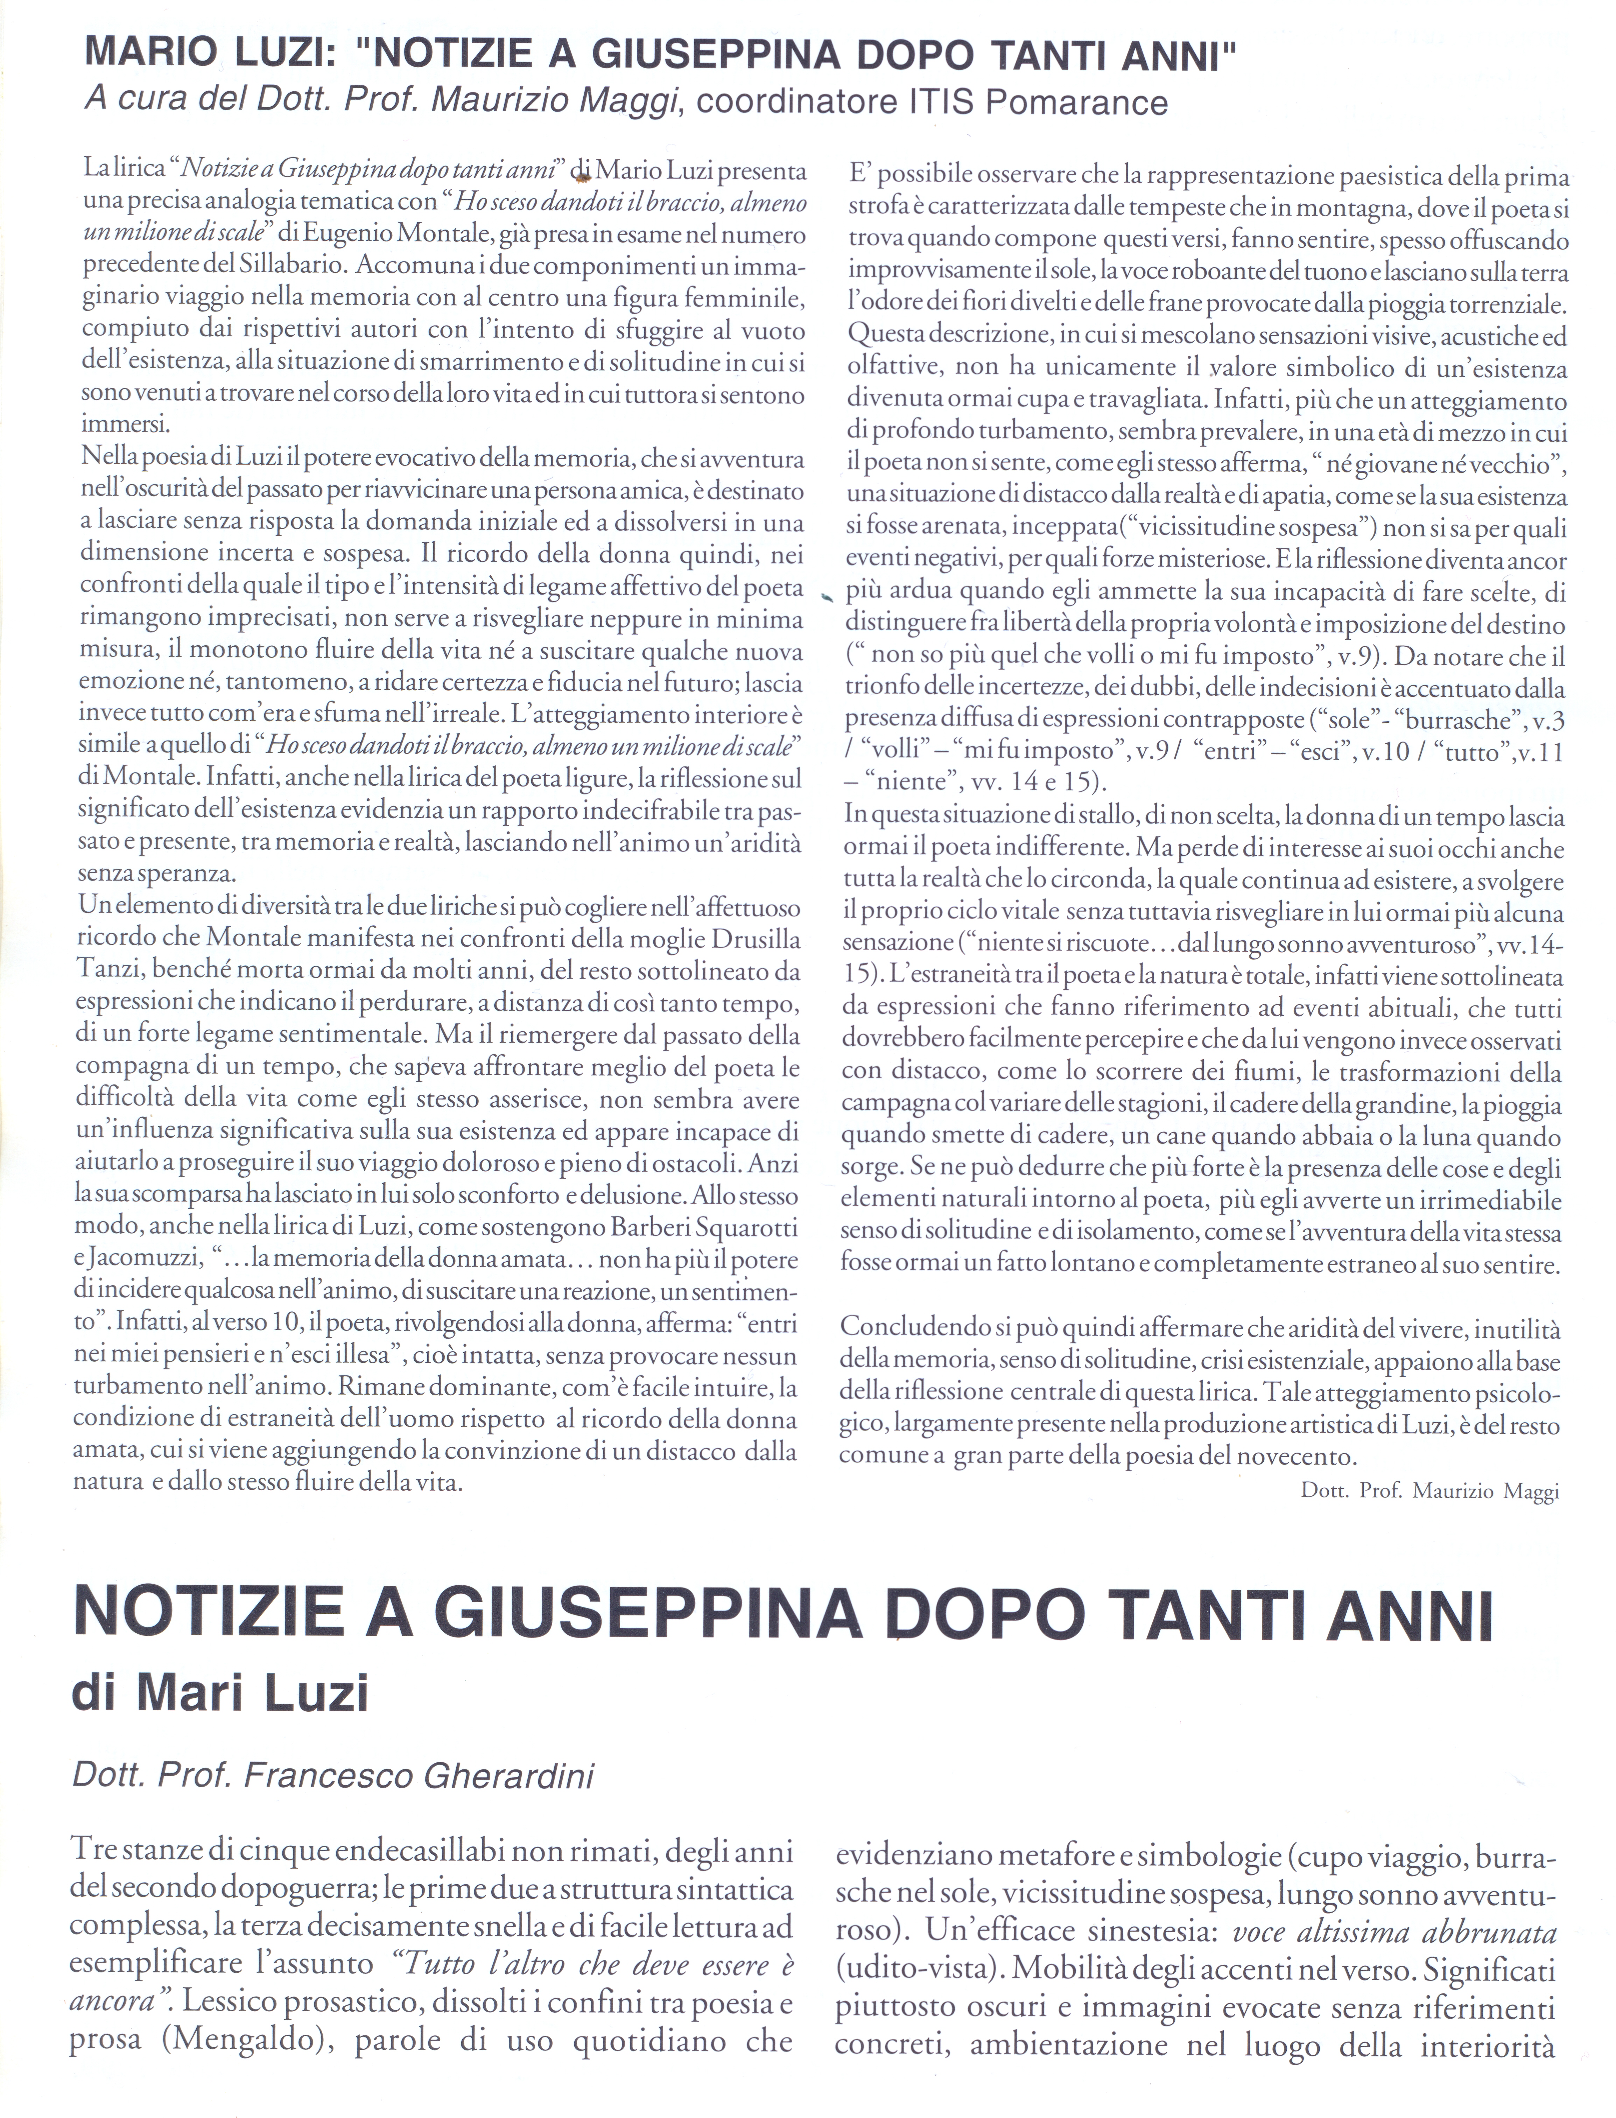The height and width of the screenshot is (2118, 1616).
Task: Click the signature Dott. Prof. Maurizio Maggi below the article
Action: (1428, 1491)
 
